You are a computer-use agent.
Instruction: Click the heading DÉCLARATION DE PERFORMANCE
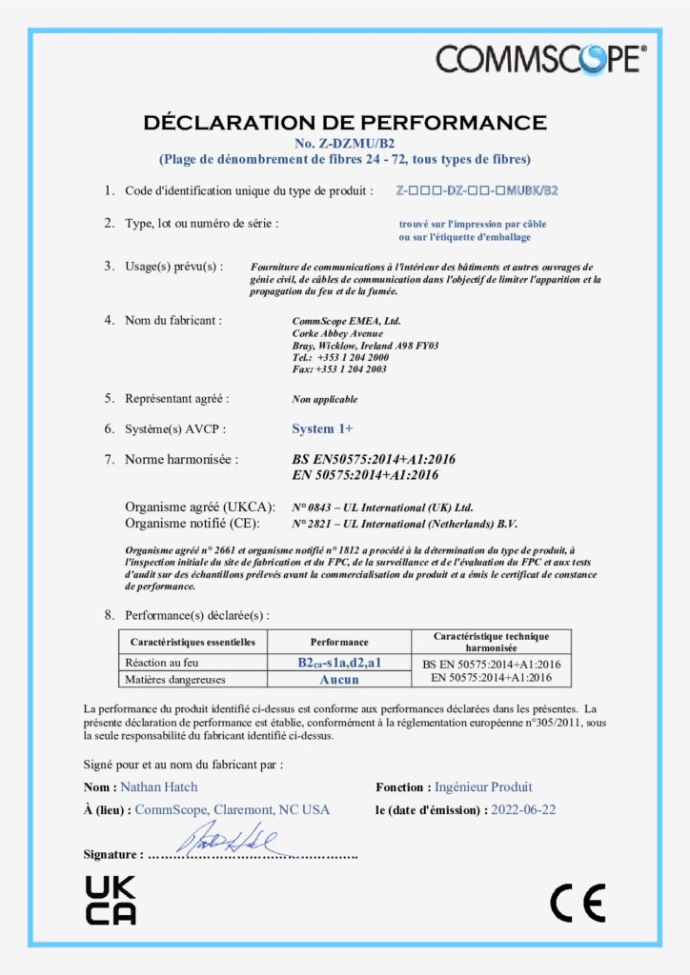344,123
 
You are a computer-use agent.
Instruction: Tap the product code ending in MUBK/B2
477,191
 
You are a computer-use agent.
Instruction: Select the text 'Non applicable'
325,399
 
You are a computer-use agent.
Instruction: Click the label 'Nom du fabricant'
173,320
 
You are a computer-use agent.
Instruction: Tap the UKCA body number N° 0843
315,507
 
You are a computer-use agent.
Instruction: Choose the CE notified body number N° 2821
315,524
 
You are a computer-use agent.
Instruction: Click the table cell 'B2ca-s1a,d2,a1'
338,663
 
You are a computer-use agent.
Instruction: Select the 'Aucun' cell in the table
338,679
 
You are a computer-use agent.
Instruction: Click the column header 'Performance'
338,642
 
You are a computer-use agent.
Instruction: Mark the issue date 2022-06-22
523,809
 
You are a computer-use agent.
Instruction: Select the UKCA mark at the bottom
111,900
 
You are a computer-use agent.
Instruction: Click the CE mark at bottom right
578,903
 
